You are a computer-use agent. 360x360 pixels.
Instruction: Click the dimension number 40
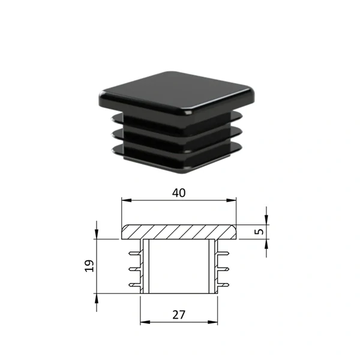point(179,193)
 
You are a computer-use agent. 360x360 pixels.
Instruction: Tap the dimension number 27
point(179,315)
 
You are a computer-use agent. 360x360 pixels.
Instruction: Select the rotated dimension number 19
point(89,266)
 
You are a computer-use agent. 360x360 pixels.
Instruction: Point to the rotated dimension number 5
point(259,232)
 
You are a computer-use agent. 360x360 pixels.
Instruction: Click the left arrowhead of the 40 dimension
point(127,200)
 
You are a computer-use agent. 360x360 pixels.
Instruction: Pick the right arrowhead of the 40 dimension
point(231,200)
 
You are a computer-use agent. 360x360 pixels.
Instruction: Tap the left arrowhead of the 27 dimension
point(145,322)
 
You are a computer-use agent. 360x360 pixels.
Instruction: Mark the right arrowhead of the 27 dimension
point(212,322)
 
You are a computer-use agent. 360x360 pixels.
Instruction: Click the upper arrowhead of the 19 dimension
point(97,234)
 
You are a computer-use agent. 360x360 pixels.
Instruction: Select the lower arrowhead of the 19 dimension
point(97,298)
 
